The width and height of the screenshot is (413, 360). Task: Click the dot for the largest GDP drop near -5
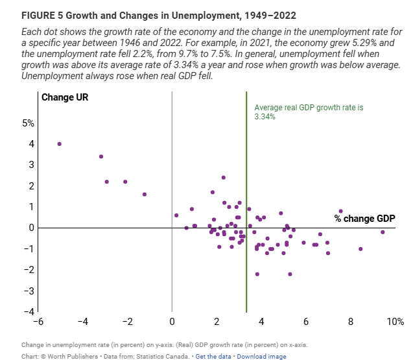point(60,144)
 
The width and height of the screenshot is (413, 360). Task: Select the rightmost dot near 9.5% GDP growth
point(383,232)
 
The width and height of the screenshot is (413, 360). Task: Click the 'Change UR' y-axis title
point(65,98)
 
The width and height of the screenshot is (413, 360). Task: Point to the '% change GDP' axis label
point(364,219)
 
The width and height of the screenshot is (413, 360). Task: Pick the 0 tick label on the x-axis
point(172,322)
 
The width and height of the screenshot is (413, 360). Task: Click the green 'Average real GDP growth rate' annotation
point(299,112)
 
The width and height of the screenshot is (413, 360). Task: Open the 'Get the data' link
point(215,357)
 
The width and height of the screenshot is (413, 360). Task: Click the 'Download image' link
point(261,357)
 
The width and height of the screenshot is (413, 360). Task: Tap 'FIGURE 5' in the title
point(42,14)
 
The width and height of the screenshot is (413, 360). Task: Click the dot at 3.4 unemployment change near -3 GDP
point(101,156)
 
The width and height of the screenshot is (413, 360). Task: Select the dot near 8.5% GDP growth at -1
point(360,249)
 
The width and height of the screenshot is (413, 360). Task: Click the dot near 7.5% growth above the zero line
point(340,211)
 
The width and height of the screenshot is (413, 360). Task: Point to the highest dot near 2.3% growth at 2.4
point(224,177)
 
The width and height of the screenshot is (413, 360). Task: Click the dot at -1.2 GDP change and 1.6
point(145,194)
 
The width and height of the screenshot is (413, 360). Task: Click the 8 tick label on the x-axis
point(351,322)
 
